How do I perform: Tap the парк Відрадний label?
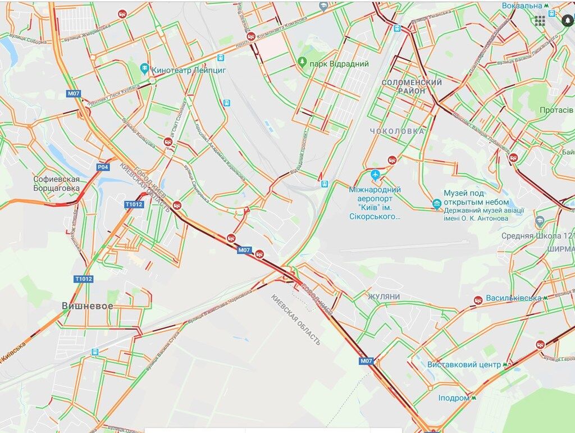340,64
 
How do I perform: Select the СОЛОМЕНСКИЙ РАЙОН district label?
412,86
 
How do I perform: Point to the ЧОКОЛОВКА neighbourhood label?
397,131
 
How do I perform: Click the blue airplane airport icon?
376,175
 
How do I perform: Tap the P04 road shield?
102,167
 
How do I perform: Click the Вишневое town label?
87,306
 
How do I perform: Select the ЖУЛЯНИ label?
384,296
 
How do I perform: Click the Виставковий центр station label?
464,364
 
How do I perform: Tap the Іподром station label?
454,398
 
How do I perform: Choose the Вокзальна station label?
522,6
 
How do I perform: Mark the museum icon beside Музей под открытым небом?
437,204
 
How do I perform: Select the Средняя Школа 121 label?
538,236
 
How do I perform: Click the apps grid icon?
540,21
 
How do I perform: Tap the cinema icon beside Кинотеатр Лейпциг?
145,70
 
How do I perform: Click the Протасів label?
556,110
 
